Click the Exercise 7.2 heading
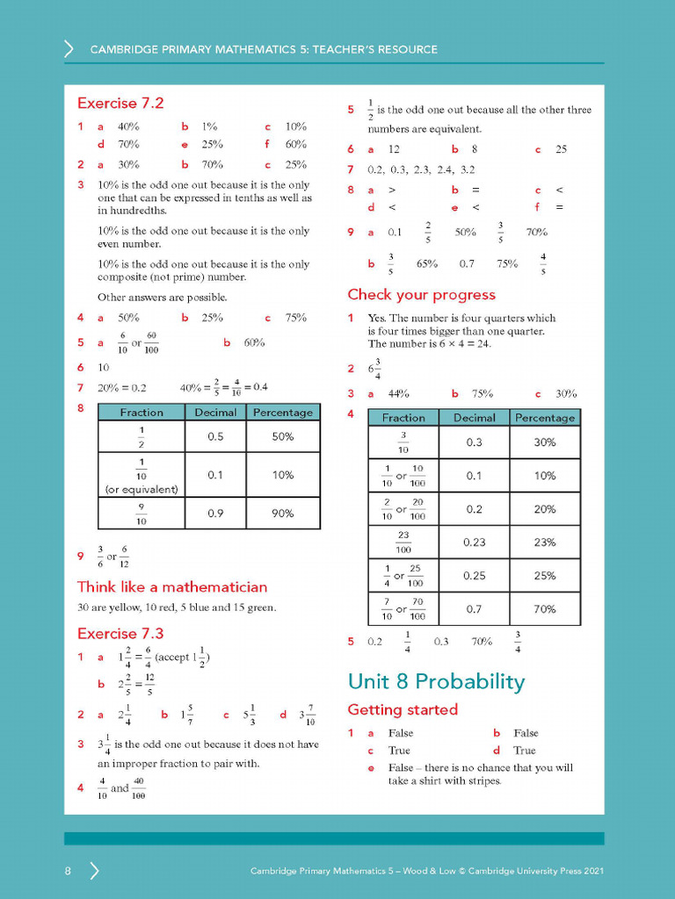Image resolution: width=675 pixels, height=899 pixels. pyautogui.click(x=120, y=103)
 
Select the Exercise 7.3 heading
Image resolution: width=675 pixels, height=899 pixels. pyautogui.click(x=120, y=633)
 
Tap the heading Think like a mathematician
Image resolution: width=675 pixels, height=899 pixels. pyautogui.click(x=172, y=586)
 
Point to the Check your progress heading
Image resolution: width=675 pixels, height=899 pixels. pyautogui.click(x=421, y=295)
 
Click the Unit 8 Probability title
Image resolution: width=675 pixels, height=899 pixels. pyautogui.click(x=436, y=681)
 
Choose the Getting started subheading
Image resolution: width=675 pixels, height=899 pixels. pyautogui.click(x=403, y=709)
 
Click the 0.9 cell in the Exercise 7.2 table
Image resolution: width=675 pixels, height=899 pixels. pyautogui.click(x=215, y=514)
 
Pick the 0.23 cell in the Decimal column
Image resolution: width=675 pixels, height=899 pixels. pyautogui.click(x=474, y=543)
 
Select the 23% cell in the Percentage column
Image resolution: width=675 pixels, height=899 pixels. pyautogui.click(x=545, y=543)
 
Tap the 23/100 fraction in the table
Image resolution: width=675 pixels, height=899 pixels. pyautogui.click(x=403, y=543)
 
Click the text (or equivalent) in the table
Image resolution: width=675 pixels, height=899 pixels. pyautogui.click(x=142, y=490)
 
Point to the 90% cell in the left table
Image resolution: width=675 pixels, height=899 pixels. pyautogui.click(x=282, y=514)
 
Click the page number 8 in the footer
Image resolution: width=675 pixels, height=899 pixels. pyautogui.click(x=68, y=871)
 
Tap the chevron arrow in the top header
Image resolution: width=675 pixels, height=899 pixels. pyautogui.click(x=69, y=49)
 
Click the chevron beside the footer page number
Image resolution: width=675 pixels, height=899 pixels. pyautogui.click(x=94, y=871)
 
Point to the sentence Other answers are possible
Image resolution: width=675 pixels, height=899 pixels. pyautogui.click(x=163, y=297)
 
